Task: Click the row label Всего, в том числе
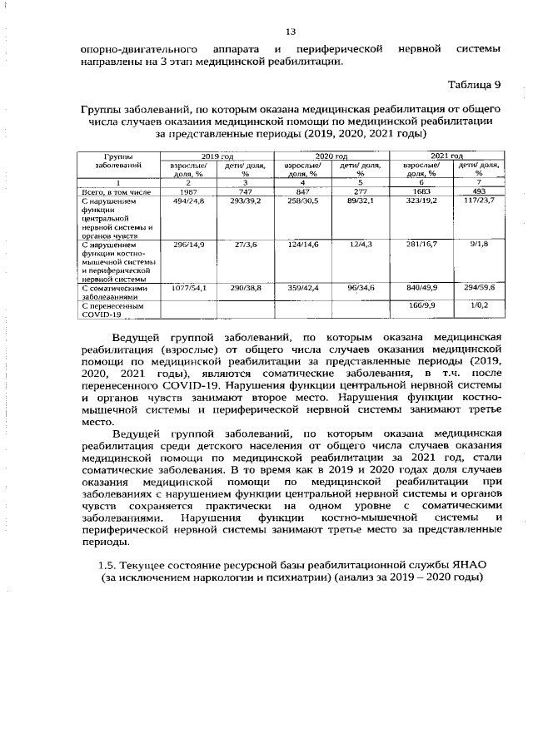point(115,192)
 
